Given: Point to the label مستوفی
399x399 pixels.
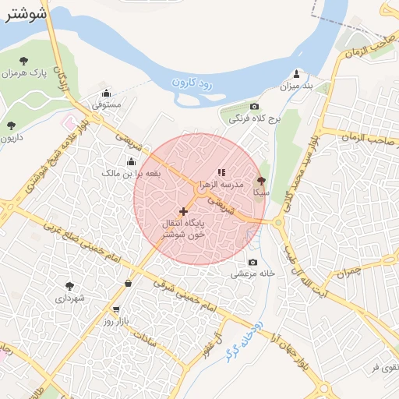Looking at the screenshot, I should point(107,104).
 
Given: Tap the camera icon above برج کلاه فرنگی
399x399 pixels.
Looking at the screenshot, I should point(253,107).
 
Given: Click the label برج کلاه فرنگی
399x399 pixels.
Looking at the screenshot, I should point(245,120).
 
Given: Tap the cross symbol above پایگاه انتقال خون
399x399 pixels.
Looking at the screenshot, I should point(184,211).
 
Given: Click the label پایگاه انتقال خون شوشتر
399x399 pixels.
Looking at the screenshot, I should point(179,228).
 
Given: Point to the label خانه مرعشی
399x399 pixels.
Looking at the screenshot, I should point(251,274).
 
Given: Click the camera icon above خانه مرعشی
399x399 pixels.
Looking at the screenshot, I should point(252,263).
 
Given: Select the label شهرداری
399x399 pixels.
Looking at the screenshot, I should point(70,298).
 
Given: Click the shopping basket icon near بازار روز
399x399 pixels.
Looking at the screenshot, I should point(127,283).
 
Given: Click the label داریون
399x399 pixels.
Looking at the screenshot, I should point(10,138).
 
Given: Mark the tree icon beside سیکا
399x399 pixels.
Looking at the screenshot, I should point(261,180).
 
